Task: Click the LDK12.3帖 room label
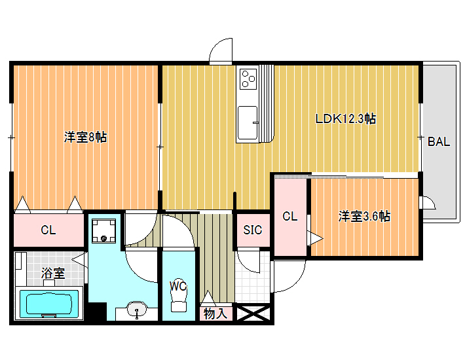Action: (346, 119)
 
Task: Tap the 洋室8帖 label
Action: (85, 137)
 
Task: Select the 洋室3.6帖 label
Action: (364, 216)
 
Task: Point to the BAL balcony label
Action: (439, 141)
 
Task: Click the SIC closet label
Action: (253, 230)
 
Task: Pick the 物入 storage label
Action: (215, 314)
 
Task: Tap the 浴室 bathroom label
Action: (53, 273)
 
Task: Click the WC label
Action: (178, 286)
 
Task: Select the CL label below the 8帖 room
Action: (48, 230)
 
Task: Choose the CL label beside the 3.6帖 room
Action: (289, 216)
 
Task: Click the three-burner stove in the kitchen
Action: (248, 79)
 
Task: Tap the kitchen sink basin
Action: (248, 122)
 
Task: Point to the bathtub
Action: (49, 303)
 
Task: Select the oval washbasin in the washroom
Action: (137, 310)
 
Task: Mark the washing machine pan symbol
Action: (103, 231)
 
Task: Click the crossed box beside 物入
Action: (253, 314)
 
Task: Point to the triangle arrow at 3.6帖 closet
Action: (316, 238)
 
